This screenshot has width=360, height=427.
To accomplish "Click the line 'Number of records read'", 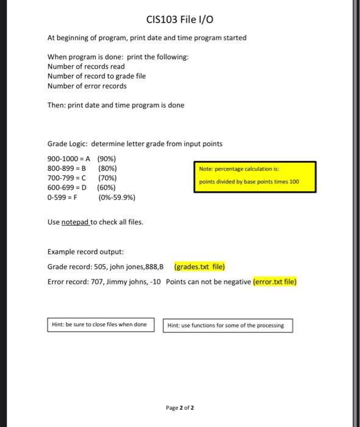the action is [86, 66].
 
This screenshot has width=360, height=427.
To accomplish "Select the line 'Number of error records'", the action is [87, 86].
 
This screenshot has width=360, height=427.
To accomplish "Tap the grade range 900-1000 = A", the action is [68, 159].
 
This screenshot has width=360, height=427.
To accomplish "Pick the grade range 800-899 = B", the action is [67, 168].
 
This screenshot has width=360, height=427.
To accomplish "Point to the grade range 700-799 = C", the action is [67, 178].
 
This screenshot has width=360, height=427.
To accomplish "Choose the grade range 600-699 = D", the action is [67, 188].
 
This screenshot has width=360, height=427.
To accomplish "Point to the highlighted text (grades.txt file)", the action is [200, 267].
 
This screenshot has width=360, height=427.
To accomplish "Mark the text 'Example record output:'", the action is [77, 251].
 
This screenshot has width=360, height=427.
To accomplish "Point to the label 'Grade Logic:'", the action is [67, 144].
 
